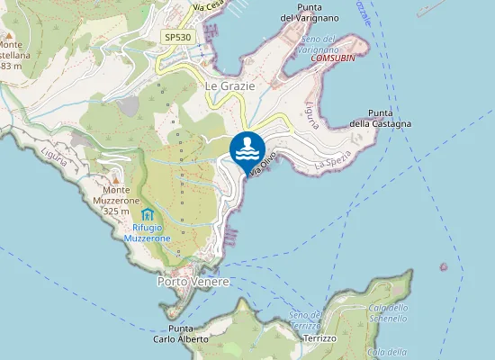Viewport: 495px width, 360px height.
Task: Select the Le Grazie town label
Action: point(230,85)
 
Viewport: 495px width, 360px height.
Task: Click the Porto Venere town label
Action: point(193,282)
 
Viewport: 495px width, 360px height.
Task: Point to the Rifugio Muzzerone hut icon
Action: point(148,214)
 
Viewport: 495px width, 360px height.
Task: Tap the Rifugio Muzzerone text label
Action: point(147,234)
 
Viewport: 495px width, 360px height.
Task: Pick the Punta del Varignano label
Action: point(310,12)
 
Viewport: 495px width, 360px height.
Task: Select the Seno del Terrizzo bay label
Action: point(305,319)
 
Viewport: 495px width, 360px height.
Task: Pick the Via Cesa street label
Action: point(209,5)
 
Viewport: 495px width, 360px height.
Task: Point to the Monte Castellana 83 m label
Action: point(13,55)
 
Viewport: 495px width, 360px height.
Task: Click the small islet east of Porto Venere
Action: point(443,266)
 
